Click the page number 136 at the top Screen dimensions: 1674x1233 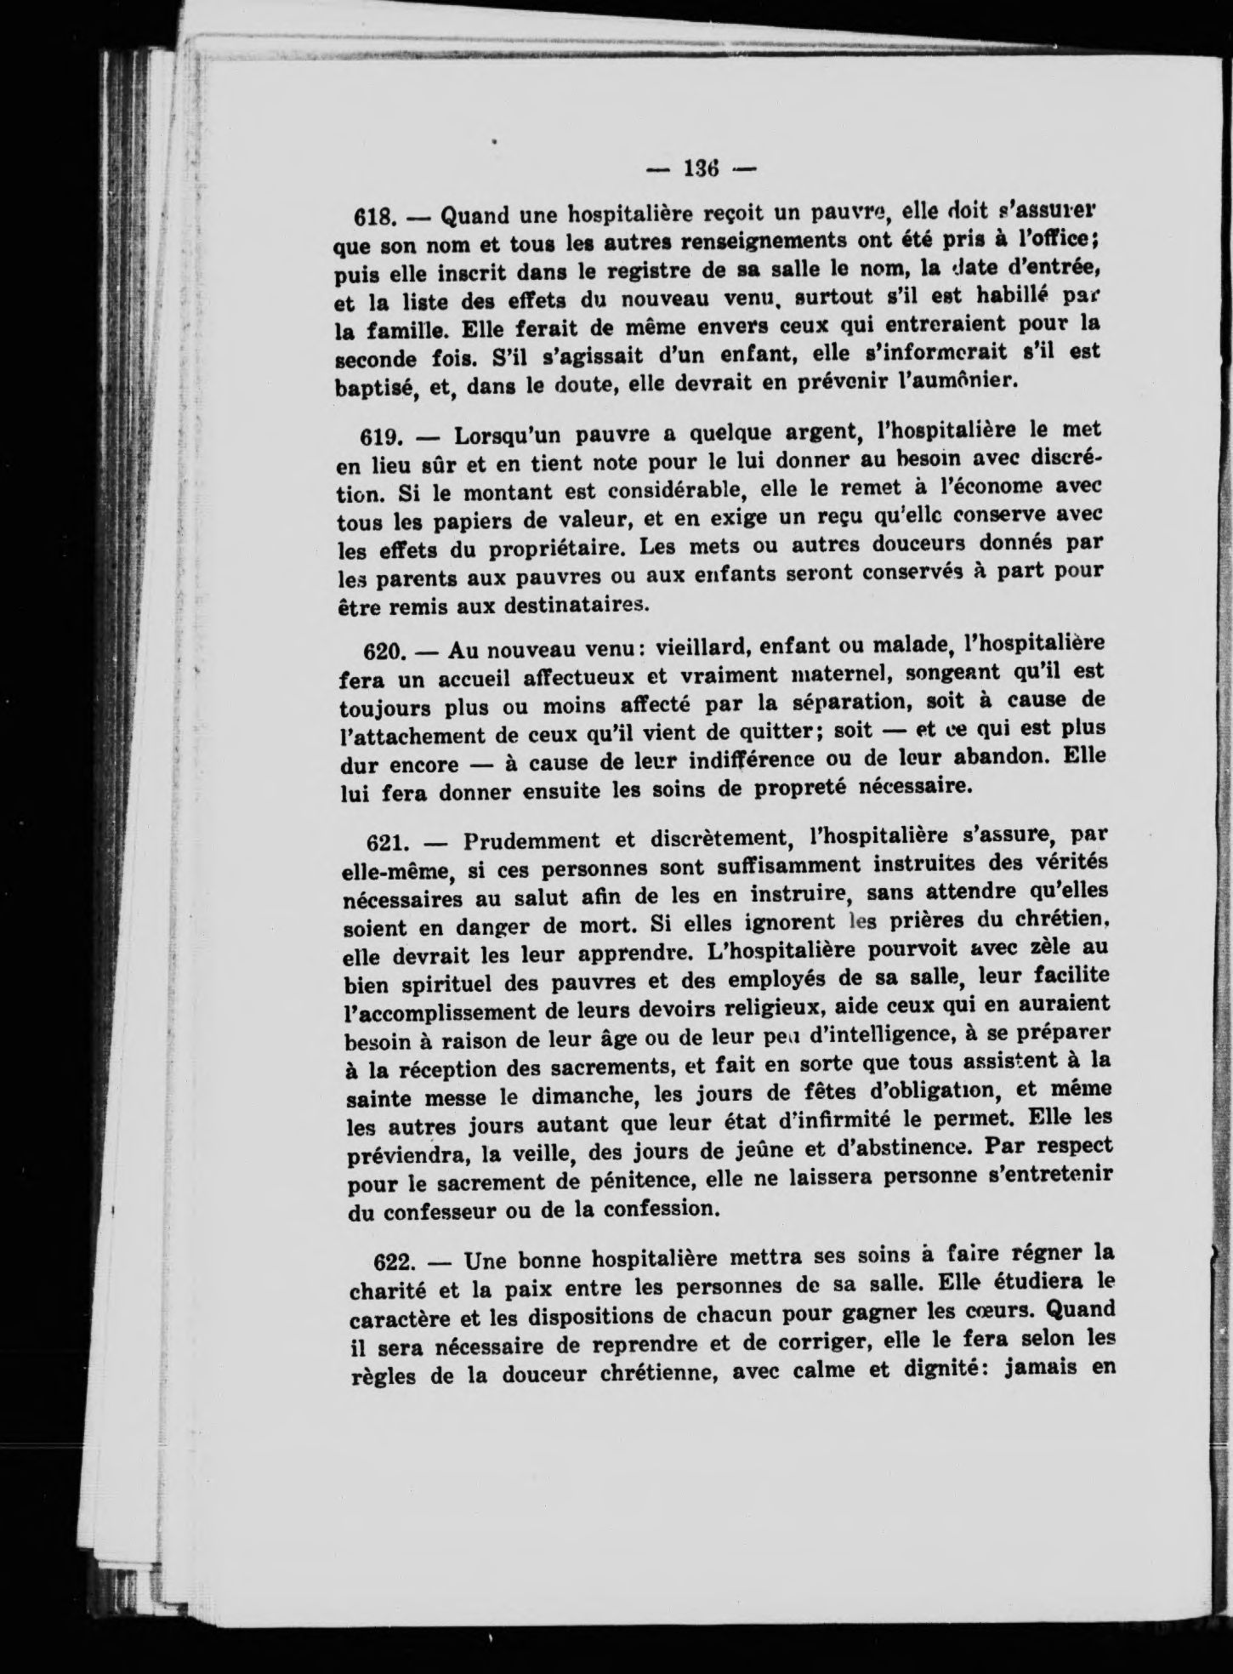pyautogui.click(x=702, y=168)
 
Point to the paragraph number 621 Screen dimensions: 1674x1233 pyautogui.click(x=388, y=845)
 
